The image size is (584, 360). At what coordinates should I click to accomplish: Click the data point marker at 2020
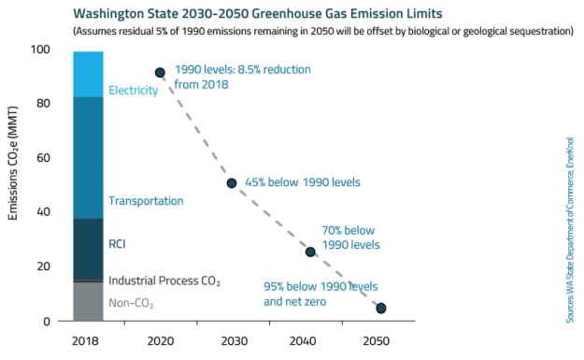[160, 72]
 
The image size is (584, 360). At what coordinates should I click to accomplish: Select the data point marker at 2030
[232, 182]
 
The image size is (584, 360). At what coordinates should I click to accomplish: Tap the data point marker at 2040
[310, 252]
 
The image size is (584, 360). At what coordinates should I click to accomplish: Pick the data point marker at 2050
[380, 308]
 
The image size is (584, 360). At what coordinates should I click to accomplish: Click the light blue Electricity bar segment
[88, 74]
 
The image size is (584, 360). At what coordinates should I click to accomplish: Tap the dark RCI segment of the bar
[88, 248]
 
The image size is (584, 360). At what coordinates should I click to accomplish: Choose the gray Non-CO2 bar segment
[88, 301]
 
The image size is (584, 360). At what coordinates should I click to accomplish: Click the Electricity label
[133, 91]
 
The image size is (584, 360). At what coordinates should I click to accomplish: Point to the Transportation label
[146, 201]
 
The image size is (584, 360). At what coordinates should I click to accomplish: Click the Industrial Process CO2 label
[164, 281]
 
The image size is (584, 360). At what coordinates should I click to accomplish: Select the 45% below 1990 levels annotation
[302, 182]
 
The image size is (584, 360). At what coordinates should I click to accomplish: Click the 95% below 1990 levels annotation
[320, 293]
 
